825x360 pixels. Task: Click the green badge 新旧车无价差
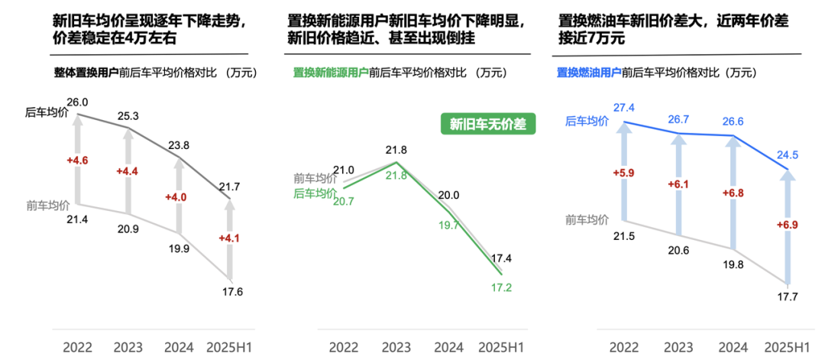[x=488, y=125]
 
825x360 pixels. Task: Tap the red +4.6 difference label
[x=78, y=161]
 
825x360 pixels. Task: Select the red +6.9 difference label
[x=788, y=225]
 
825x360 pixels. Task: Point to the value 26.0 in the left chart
[x=78, y=102]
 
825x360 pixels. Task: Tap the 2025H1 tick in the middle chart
[x=501, y=347]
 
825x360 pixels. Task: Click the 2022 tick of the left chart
[x=78, y=347]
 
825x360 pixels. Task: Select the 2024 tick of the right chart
[x=733, y=347]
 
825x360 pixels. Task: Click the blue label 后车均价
[x=587, y=121]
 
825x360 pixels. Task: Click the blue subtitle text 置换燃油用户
[x=587, y=73]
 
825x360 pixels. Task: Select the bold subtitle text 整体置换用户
[x=86, y=73]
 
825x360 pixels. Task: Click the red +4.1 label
[x=230, y=238]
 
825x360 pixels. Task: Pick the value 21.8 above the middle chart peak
[x=396, y=150]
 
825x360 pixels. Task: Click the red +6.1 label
[x=678, y=185]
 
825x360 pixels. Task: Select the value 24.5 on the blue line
[x=788, y=155]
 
